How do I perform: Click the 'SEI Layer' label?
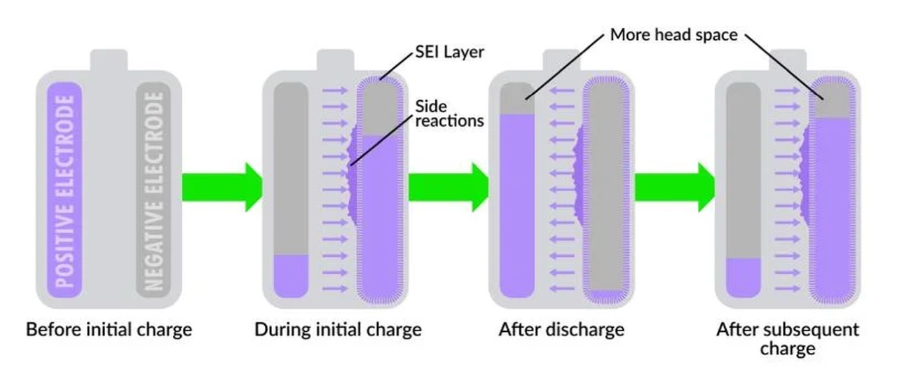coord(449,52)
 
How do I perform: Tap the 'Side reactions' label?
coord(449,113)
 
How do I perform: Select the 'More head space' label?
coord(673,35)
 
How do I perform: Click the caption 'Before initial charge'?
coord(109,330)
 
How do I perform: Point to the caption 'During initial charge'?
coord(338,330)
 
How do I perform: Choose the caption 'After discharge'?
coord(561,330)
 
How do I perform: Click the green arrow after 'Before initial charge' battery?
coord(222,187)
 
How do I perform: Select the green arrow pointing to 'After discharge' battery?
coord(448,187)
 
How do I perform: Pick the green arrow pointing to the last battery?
coord(675,187)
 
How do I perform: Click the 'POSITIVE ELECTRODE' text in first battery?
coord(65,191)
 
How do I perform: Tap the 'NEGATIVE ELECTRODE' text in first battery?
coord(153,191)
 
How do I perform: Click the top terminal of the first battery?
coord(109,60)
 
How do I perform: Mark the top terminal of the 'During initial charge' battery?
coord(336,60)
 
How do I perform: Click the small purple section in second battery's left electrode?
coord(291,276)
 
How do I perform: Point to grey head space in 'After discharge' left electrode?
coord(517,99)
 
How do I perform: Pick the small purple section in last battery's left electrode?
coord(744,278)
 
